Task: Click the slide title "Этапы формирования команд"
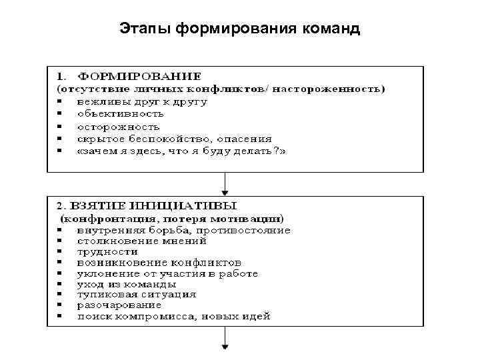240,29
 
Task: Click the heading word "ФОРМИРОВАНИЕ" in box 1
139,77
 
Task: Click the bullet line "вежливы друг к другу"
141,101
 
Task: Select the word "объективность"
121,114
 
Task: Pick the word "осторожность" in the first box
118,126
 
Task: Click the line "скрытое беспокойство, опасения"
174,139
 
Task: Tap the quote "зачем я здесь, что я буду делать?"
181,151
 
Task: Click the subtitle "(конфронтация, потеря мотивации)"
172,219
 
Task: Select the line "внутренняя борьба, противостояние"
183,230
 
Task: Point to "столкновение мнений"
141,241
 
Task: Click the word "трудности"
107,251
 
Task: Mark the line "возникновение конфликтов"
159,262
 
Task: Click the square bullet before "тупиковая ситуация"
60,294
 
